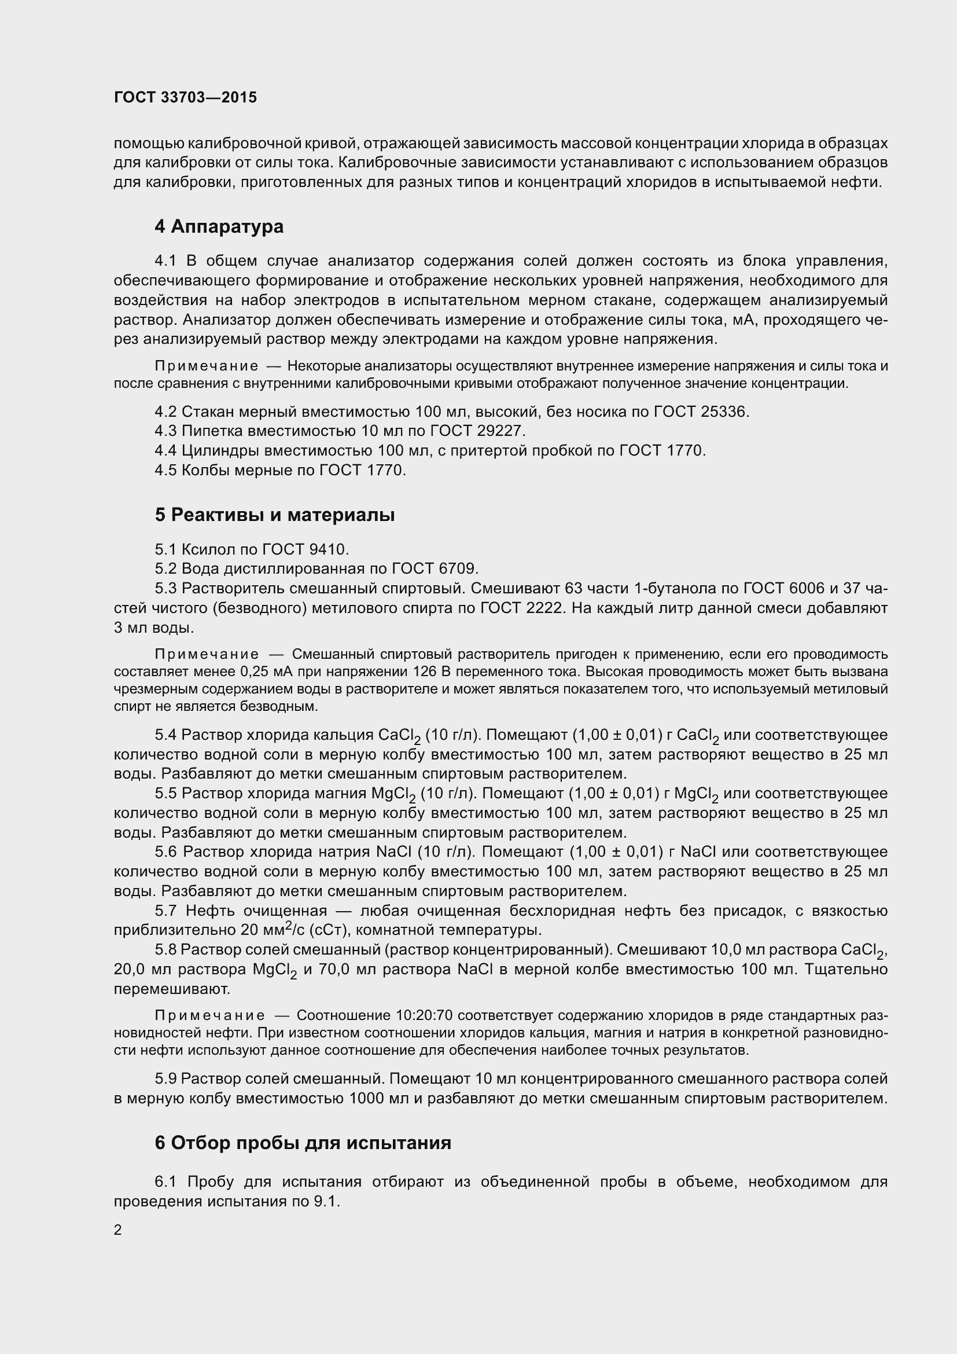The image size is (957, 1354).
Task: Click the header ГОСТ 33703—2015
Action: click(186, 97)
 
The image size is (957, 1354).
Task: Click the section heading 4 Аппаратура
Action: click(219, 226)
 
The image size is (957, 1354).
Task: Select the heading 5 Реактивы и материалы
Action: click(275, 515)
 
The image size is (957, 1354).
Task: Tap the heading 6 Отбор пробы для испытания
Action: click(303, 1143)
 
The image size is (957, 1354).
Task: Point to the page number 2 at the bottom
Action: click(118, 1230)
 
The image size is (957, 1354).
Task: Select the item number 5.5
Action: click(165, 794)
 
